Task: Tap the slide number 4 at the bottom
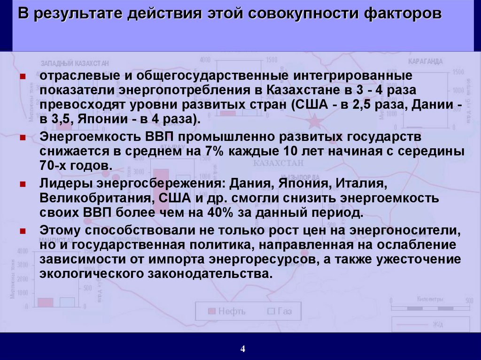243,349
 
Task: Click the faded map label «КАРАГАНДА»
426,61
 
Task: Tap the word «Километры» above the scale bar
430,299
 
